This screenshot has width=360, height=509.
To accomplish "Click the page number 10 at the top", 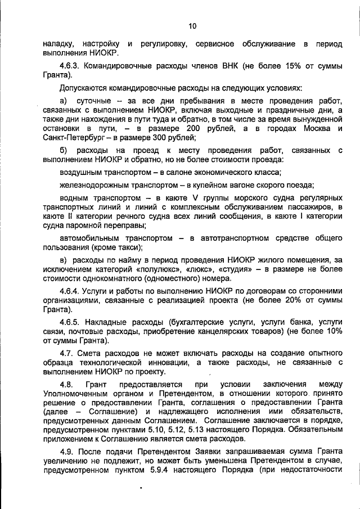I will pos(192,26).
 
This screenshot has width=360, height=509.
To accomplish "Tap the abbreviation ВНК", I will pos(226,66).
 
